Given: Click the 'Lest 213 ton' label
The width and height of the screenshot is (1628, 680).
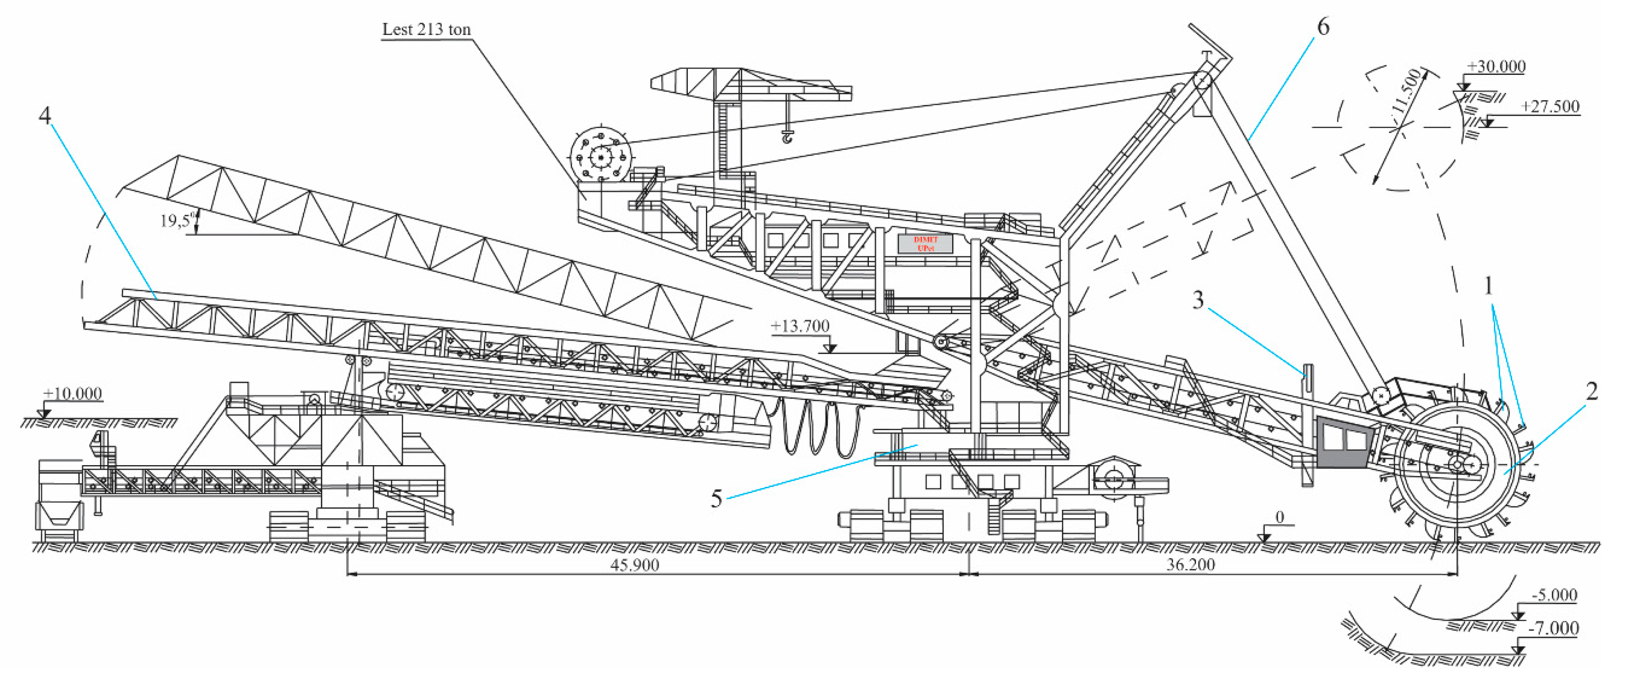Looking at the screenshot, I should click(427, 30).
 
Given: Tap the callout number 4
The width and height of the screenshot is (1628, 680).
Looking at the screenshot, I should click(44, 115).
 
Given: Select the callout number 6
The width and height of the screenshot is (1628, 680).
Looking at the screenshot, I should click(1323, 27).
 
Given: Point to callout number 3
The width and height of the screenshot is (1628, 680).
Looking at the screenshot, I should click(1198, 300).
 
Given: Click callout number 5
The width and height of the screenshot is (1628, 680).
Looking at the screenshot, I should click(716, 498).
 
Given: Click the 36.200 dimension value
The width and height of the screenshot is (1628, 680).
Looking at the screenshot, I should click(1190, 565).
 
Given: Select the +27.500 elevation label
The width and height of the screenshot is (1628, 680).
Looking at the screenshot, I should click(1550, 106).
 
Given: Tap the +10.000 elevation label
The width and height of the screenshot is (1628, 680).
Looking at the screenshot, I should click(73, 393).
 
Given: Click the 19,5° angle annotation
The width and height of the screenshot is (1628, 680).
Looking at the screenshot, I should click(176, 221).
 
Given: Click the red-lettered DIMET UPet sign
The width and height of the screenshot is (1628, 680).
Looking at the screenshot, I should click(925, 244).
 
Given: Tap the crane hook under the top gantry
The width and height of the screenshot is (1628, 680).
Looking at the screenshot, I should click(787, 136).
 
